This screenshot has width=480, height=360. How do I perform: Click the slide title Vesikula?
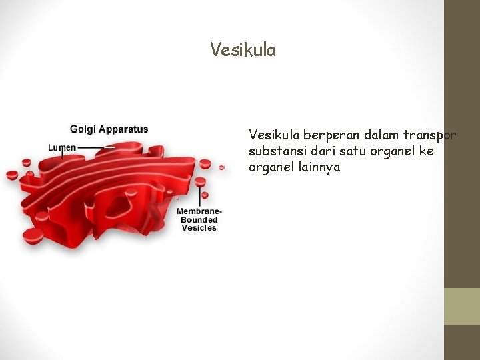(243, 50)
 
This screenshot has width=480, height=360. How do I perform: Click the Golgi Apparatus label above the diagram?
(109, 129)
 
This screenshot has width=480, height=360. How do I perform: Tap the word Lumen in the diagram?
(62, 147)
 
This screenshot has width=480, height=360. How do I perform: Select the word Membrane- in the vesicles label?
(199, 211)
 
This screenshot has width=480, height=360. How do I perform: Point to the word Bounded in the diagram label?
(199, 220)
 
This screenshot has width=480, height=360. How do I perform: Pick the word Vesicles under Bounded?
(199, 229)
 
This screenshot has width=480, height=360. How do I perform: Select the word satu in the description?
(341, 151)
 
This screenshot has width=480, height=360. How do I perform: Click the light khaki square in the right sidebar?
(461, 306)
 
